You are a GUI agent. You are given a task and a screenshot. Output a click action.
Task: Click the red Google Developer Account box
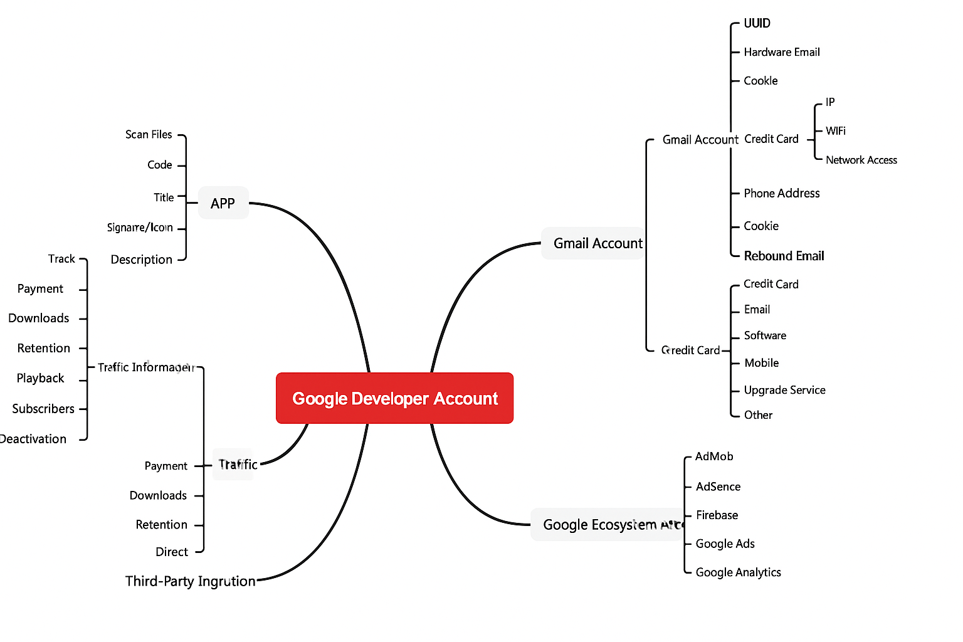point(394,398)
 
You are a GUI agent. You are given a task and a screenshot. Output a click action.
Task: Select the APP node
point(223,203)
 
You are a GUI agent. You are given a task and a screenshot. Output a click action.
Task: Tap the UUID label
point(757,23)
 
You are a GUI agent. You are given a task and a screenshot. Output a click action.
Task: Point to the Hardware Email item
point(781,52)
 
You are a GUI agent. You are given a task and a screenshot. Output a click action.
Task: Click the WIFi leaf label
point(835,131)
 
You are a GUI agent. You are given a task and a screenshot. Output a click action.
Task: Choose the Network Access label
point(861,160)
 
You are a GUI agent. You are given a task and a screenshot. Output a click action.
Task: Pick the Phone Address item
point(781,193)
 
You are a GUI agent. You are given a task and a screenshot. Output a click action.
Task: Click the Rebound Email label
point(784,256)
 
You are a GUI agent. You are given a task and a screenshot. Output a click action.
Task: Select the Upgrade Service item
point(784,390)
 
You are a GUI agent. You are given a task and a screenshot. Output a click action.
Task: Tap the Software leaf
point(765,335)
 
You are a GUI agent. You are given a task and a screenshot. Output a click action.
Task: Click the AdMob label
point(713,456)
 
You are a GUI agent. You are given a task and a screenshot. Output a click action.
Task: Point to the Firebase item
point(717,515)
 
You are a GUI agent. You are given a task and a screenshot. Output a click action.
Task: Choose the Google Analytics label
point(738,572)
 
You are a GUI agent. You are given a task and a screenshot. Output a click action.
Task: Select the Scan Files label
point(149,135)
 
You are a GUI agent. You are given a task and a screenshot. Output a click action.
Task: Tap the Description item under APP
point(141,260)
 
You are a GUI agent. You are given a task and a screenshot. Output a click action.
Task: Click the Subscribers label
point(43,409)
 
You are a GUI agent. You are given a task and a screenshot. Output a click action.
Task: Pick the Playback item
point(40,378)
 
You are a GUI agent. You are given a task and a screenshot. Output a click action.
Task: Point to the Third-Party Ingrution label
point(190,581)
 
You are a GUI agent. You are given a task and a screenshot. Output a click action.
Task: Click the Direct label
point(172,552)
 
